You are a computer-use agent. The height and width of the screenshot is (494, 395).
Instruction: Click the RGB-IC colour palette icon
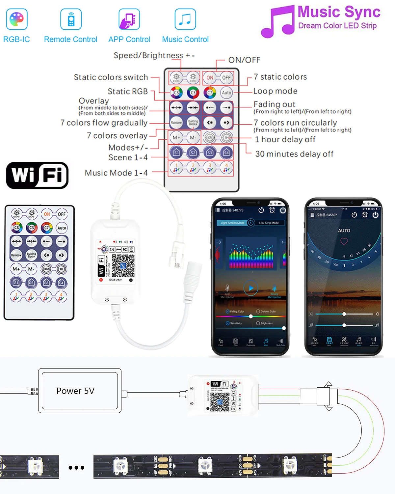[16, 19]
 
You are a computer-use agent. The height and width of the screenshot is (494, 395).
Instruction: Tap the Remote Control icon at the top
[71, 19]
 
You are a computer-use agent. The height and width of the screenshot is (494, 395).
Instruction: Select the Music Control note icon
[185, 19]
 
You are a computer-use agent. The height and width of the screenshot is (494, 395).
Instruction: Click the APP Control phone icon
[129, 19]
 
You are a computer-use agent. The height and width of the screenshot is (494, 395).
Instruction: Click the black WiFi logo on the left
[37, 175]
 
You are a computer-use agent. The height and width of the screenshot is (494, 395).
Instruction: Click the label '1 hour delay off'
[285, 140]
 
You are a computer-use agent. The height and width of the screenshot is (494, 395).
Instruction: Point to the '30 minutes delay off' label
[294, 154]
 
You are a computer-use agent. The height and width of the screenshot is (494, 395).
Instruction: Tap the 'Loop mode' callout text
[275, 91]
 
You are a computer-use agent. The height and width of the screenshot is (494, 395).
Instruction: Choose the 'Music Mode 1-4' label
[116, 173]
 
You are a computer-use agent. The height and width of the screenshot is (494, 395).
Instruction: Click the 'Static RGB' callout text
[128, 91]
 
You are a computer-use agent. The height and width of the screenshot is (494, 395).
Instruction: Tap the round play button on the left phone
[251, 288]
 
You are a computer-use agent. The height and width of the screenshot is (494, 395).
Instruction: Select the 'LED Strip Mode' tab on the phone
[269, 223]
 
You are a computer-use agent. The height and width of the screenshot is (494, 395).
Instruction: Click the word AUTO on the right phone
[344, 231]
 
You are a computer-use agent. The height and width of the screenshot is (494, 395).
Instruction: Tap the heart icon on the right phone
[344, 241]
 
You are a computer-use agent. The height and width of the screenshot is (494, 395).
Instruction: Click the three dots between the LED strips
[76, 467]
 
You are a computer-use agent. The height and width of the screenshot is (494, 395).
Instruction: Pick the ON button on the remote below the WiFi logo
[47, 214]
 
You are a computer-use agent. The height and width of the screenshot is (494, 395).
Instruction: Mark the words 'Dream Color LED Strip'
[337, 26]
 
